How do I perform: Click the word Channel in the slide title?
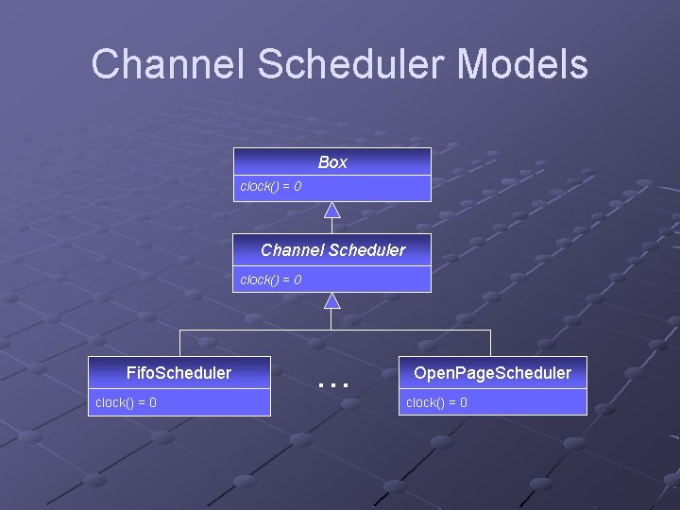coord(169,64)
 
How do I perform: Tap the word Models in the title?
coord(523,64)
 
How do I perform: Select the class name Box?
coord(332,162)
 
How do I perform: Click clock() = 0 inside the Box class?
coord(271,187)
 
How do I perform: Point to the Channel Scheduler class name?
coord(332,250)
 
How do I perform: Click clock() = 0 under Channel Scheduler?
coord(271,280)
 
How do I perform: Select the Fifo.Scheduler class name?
coord(178,373)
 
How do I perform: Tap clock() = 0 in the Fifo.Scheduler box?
coord(127,403)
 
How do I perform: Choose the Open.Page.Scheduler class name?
coord(492,373)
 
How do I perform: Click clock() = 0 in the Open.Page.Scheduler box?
coord(436,403)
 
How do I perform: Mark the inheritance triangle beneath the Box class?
coord(331,210)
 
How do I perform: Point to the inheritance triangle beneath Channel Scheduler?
coord(331,300)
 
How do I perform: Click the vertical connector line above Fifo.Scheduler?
coord(179,343)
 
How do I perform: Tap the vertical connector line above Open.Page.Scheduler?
coord(491,343)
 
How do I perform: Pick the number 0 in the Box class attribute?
coord(297,187)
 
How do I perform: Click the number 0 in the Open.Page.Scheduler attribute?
coord(463,403)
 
